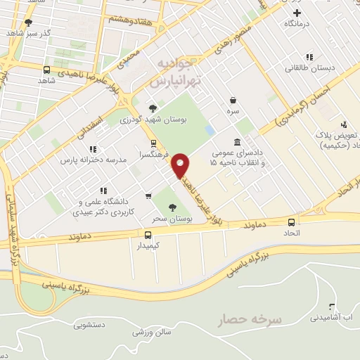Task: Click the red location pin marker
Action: tap(181, 165)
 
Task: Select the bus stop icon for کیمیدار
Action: tap(148, 236)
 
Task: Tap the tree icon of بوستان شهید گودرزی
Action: tap(153, 108)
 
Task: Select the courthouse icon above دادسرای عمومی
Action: tap(237, 142)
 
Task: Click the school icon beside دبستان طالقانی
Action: tap(308, 57)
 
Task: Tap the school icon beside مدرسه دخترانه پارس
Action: tap(92, 149)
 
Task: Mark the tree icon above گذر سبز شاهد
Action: tap(28, 22)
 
